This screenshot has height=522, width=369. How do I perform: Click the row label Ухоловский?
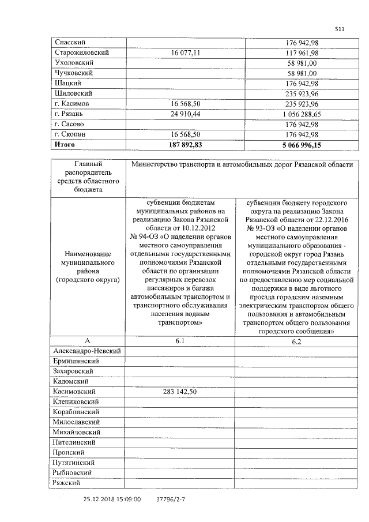(x=73, y=62)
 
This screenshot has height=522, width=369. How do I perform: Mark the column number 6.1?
(x=180, y=341)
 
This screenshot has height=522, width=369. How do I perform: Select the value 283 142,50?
(x=180, y=392)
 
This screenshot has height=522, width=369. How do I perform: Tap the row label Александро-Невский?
(x=87, y=351)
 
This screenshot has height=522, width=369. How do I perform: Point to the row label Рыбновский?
(x=73, y=473)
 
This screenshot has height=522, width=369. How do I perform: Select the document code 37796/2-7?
(x=172, y=500)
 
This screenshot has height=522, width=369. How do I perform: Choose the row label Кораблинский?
(x=76, y=412)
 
